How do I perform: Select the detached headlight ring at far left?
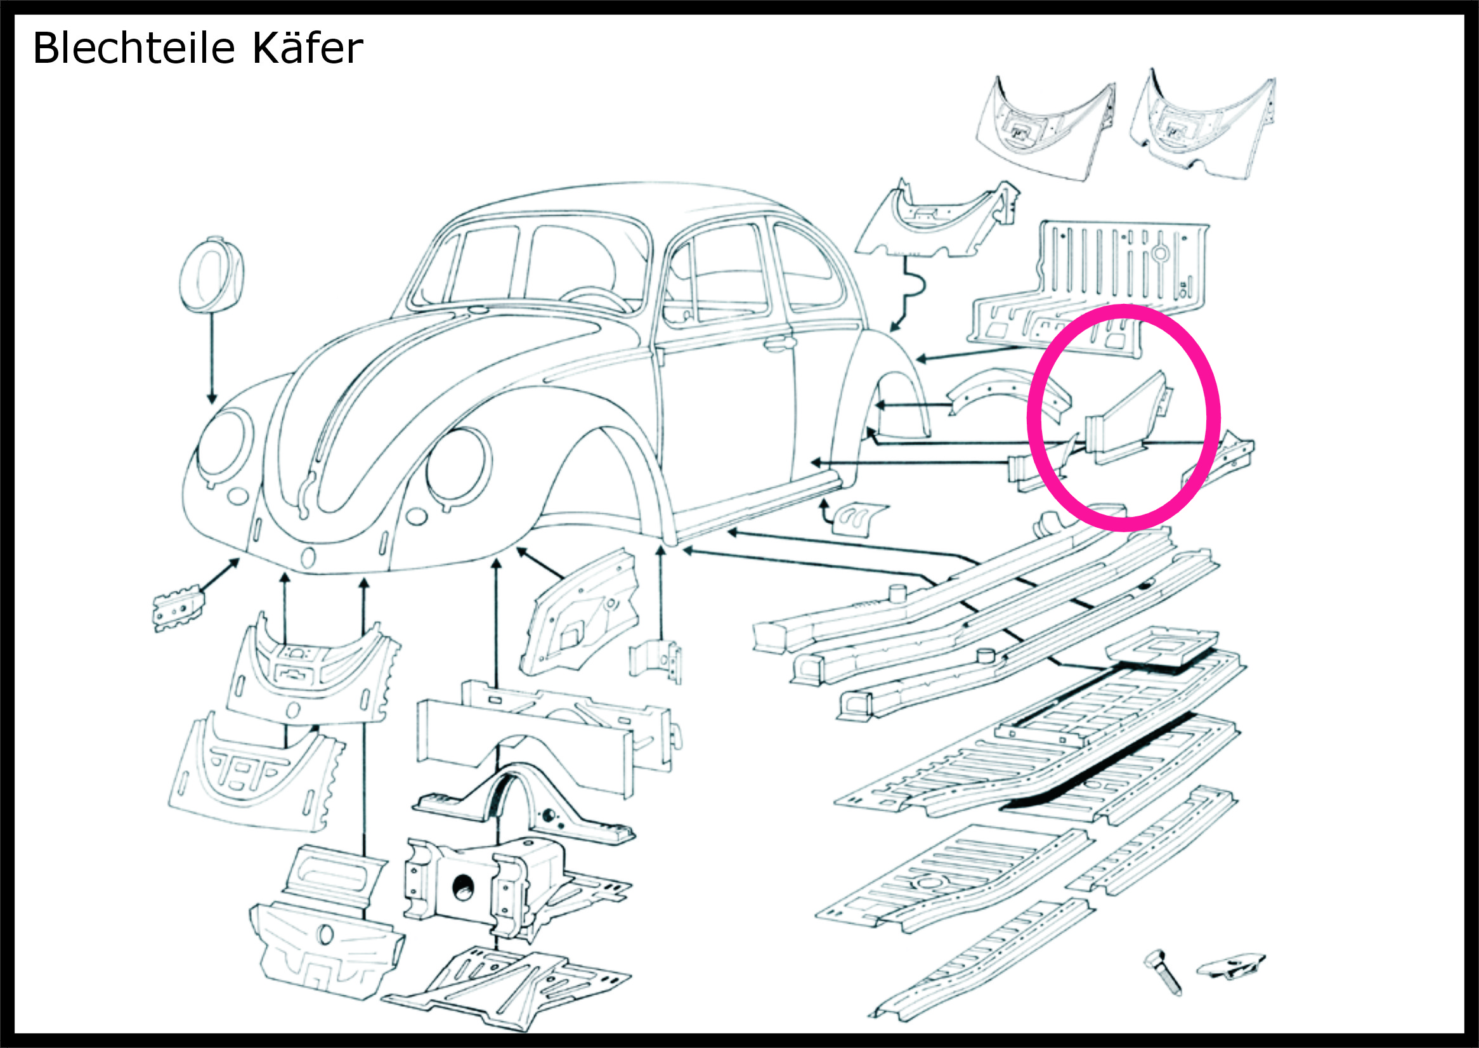(x=211, y=275)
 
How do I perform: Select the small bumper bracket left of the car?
(x=179, y=607)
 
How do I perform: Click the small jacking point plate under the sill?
(x=858, y=518)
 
